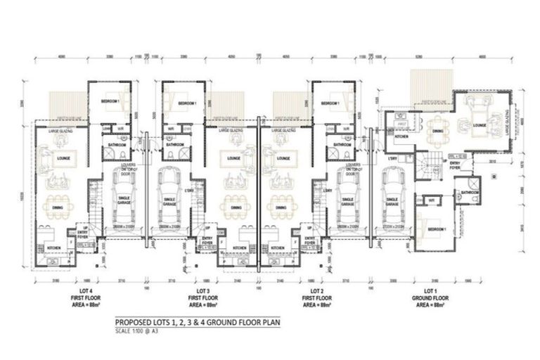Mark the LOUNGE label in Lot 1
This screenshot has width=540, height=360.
tap(481, 125)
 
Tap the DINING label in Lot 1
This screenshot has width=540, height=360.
tap(438, 131)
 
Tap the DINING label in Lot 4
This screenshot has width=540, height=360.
tap(54, 208)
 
